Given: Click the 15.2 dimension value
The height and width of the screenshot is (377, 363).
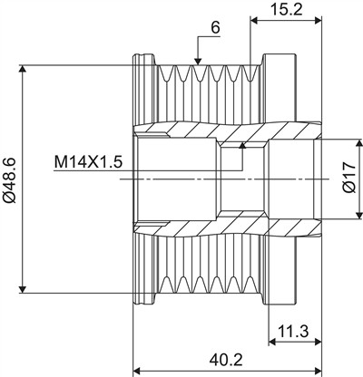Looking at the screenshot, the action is pos(286,10).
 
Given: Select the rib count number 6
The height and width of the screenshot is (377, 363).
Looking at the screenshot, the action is pos(215,28).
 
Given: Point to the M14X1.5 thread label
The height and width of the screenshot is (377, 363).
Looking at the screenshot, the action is pos(88,162).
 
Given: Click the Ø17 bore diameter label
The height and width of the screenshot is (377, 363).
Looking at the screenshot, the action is pos(349,178).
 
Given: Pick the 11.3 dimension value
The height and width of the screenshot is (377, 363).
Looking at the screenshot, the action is pos(293,332).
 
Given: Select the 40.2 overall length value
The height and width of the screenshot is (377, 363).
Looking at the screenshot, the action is pos(226,360).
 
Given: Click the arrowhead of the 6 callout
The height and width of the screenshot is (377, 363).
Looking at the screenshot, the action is pos(198,62).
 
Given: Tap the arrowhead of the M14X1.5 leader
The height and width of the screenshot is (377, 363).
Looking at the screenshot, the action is pos(242,146).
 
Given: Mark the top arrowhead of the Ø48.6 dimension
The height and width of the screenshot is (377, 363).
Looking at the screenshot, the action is pos(23,69).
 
